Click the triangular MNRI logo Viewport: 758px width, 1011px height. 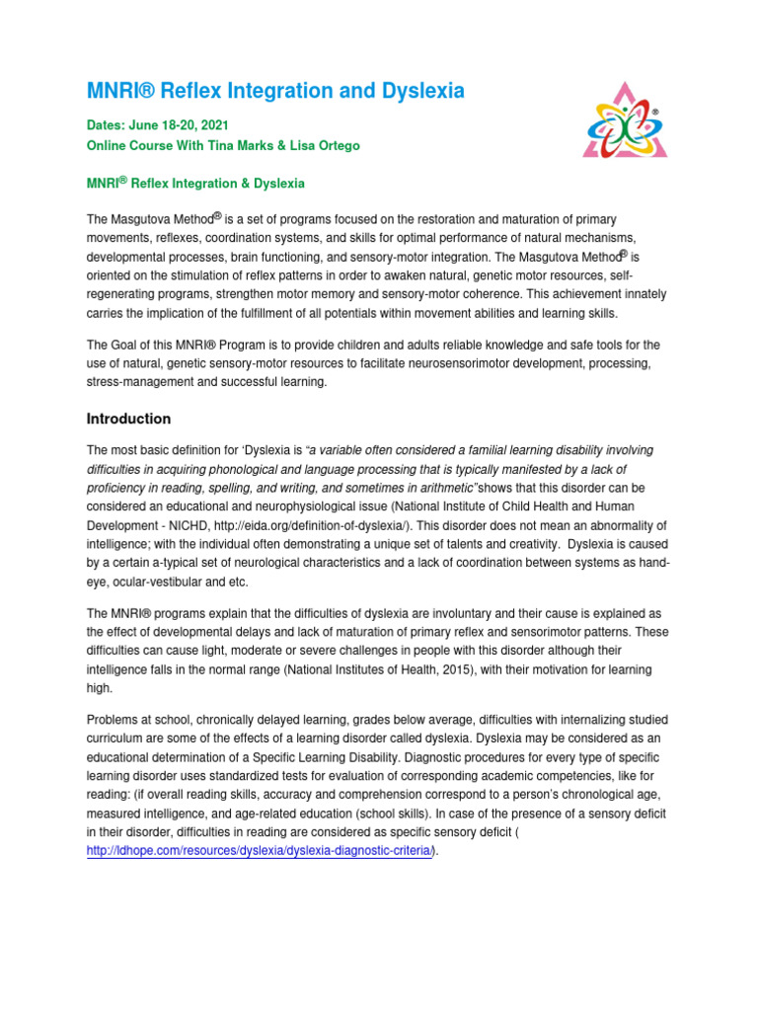coord(625,119)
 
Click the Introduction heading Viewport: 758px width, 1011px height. coord(128,419)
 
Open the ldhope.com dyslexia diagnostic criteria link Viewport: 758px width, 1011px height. coord(260,852)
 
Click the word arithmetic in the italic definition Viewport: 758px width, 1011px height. coord(446,488)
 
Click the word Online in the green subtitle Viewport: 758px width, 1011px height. coord(108,146)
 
